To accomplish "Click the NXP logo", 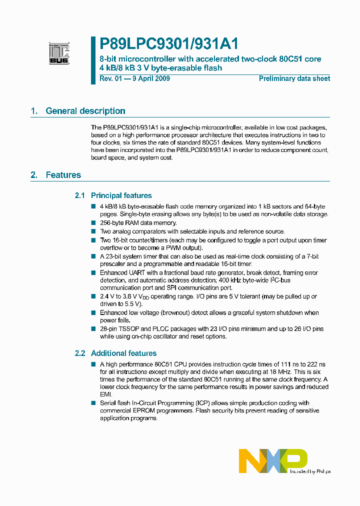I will click(x=272, y=460).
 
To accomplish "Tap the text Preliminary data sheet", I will click(x=294, y=78).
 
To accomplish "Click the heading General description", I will click(x=85, y=111).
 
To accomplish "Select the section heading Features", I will click(x=63, y=175).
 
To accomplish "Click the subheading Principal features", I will click(x=121, y=195).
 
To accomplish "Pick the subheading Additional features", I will click(x=123, y=353).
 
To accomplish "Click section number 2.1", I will click(x=80, y=195).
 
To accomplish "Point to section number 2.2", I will click(x=80, y=353).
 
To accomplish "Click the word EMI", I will click(x=105, y=394).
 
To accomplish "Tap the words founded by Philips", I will click(x=310, y=471).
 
